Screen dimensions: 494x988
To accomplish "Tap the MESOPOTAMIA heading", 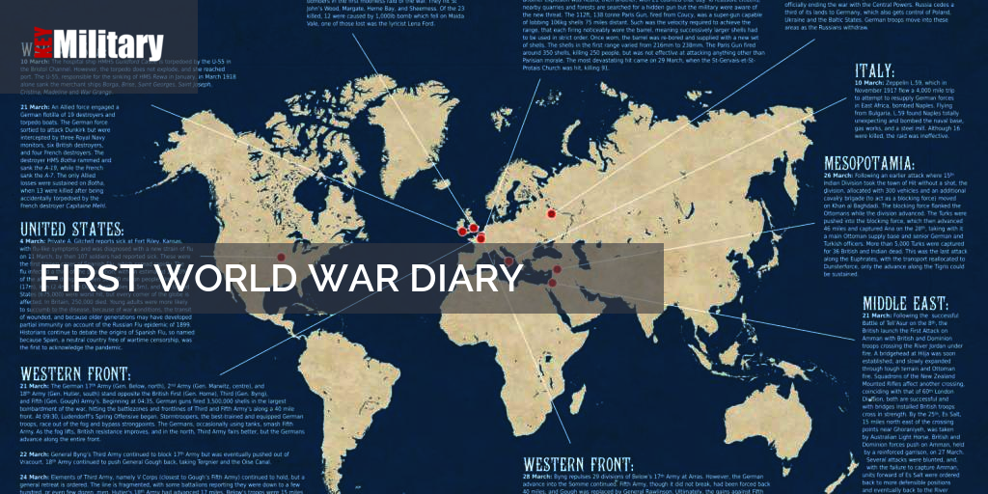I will click(x=883, y=163).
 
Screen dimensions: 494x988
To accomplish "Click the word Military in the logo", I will click(x=108, y=45).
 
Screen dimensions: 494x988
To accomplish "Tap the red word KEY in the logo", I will click(x=40, y=46).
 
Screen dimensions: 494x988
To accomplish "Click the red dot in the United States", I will click(x=281, y=257).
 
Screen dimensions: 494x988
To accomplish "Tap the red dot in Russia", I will click(x=552, y=214).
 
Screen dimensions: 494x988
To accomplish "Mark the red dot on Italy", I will click(x=508, y=259).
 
